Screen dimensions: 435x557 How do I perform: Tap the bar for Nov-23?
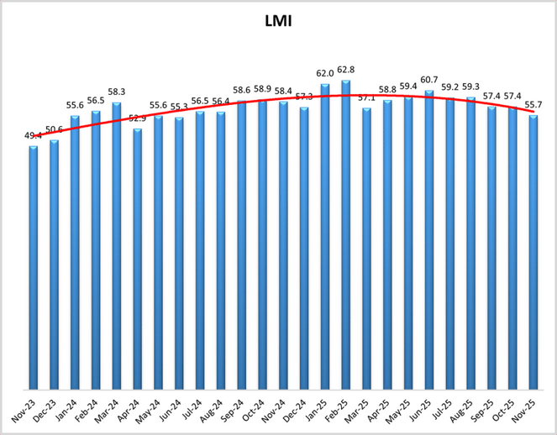pyautogui.click(x=33, y=269)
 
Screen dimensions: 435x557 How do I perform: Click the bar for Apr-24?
pyautogui.click(x=137, y=260)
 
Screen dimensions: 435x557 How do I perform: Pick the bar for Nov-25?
pyautogui.click(x=533, y=252)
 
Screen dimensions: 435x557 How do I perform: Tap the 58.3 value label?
pyautogui.click(x=117, y=92)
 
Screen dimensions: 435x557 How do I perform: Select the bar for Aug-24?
pyautogui.click(x=221, y=251)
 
